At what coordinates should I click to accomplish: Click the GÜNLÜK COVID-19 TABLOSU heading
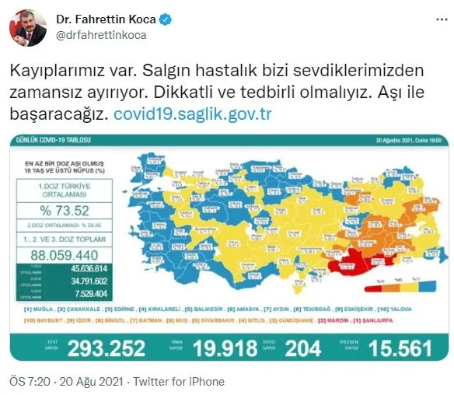point(47,140)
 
